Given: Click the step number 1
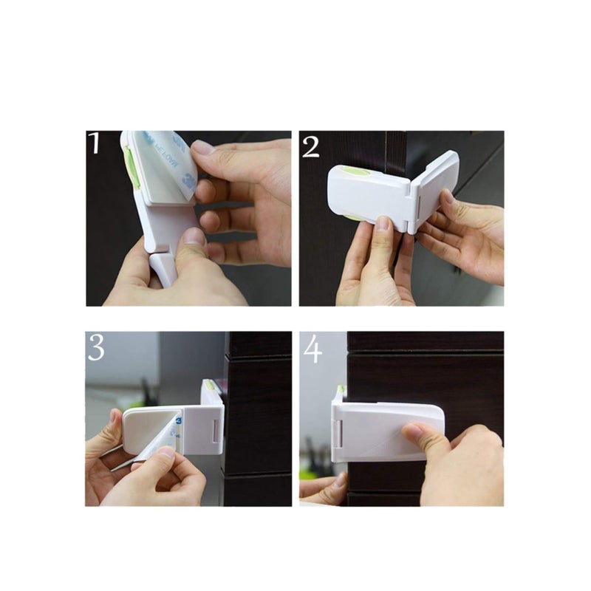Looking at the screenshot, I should [94, 143].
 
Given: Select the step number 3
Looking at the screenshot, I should [95, 347].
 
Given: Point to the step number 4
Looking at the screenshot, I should [312, 349].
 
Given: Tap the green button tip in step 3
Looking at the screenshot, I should [210, 385].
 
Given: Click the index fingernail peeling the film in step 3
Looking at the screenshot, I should [163, 453].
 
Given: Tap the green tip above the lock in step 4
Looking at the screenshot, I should [341, 390].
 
